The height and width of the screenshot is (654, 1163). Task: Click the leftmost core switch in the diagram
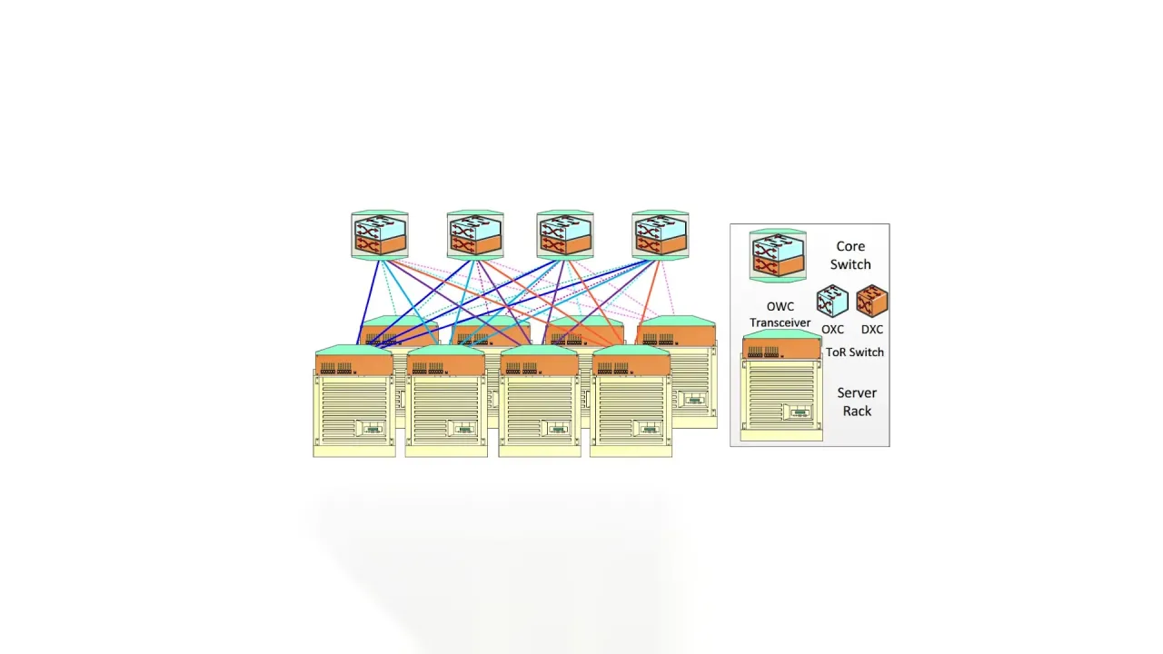coord(380,235)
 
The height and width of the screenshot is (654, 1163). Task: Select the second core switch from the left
coord(475,235)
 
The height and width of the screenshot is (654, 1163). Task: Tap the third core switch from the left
coord(565,235)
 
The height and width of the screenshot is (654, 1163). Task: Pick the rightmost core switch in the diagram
coord(661,235)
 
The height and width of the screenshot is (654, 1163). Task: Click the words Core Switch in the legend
coord(850,255)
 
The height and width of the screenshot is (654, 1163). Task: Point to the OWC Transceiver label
coord(780,314)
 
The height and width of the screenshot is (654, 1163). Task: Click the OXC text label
coord(832,330)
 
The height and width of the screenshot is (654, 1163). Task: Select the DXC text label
coord(872,330)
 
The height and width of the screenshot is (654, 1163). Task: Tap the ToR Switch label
coord(854,352)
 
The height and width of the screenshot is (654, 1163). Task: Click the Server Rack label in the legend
coord(857,401)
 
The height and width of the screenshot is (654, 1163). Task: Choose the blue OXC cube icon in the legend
coord(832,301)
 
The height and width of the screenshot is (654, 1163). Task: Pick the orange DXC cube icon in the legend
coord(872,301)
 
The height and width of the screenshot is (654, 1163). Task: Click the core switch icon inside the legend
coord(778,255)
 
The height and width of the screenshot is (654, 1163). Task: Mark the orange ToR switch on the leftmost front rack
coord(354,365)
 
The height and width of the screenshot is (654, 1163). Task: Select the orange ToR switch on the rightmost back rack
coord(677,335)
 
